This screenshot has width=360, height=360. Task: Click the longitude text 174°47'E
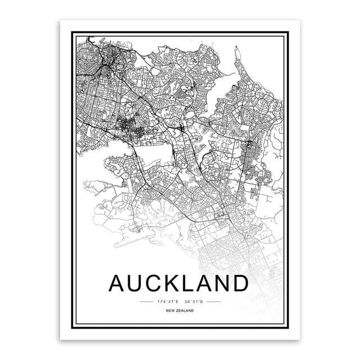pos(168,303)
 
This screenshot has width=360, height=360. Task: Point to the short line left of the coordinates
pos(146,303)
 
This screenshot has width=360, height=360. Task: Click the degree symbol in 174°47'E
pos(165,301)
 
